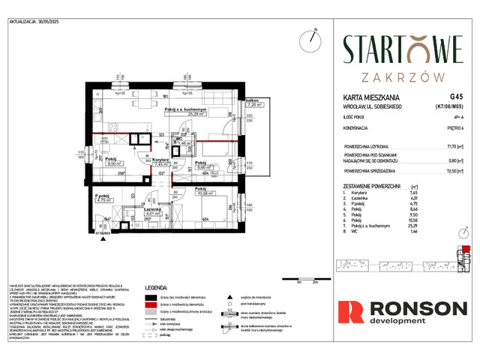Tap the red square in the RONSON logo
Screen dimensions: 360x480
349,313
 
